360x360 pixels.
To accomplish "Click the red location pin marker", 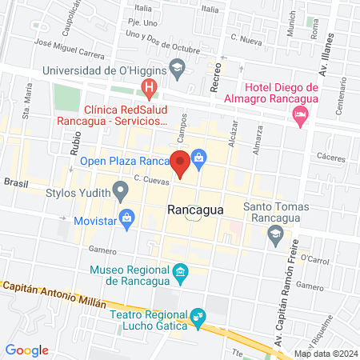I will (x=181, y=163).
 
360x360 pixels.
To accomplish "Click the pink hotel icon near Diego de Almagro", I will (x=301, y=117).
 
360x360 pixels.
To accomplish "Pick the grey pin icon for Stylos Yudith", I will (x=121, y=191).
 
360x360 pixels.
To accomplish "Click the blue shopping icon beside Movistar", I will (x=126, y=217).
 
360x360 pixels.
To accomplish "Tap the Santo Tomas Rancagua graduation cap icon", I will (x=276, y=233).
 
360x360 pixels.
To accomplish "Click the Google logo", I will (x=27, y=350).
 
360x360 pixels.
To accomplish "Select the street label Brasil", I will (x=15, y=182).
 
